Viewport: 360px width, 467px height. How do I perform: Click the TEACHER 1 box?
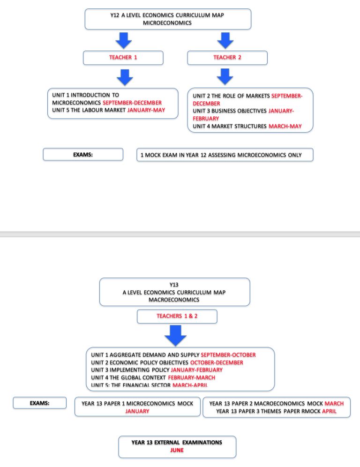click(123, 58)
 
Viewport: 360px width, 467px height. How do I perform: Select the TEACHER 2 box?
click(227, 58)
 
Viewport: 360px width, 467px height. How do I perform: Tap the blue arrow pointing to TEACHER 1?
click(124, 40)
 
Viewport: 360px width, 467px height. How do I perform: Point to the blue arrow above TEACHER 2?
click(225, 40)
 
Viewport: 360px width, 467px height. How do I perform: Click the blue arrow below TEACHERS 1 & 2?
click(175, 336)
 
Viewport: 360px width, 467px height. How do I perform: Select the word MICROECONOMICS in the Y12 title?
click(167, 23)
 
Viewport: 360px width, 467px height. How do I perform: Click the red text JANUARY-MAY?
click(146, 110)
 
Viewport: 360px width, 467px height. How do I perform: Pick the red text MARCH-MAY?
click(285, 126)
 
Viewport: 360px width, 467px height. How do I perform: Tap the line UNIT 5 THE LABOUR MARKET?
click(89, 110)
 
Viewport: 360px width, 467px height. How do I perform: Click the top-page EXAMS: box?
click(83, 155)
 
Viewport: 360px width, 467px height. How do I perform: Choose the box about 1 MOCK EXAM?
click(225, 155)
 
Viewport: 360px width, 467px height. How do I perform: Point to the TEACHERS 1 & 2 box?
click(177, 316)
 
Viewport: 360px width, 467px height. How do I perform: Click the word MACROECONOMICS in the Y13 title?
click(174, 300)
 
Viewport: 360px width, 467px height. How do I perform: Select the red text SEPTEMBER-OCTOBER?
click(228, 355)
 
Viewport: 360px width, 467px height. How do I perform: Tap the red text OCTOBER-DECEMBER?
click(217, 362)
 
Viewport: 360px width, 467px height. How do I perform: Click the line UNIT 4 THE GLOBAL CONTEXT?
click(128, 377)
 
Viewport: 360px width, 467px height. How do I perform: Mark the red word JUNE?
click(177, 450)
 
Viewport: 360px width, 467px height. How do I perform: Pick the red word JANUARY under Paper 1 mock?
click(137, 411)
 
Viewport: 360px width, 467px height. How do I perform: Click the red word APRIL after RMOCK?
click(329, 411)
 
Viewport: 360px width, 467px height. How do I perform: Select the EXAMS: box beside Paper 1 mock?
click(39, 403)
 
